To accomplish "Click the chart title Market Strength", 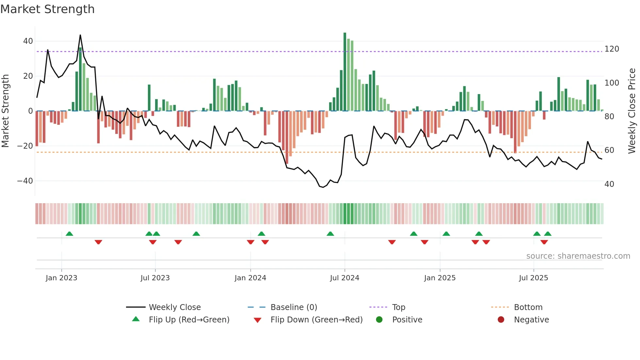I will click(47, 9).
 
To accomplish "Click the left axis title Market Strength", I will click(6, 111).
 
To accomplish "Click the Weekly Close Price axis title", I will click(632, 111).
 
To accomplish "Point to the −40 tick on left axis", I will click(25, 181).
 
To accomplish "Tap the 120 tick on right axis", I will click(612, 49).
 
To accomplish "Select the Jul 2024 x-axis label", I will click(344, 278).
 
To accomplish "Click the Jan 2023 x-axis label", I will click(61, 278).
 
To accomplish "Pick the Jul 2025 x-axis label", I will click(534, 278).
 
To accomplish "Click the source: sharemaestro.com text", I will click(578, 256).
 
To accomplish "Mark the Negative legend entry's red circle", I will click(501, 319).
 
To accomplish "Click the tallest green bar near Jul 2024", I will click(345, 72).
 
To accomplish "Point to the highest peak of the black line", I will click(80, 35).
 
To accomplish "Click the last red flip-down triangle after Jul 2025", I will click(544, 242).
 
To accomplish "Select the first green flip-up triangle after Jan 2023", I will click(69, 234).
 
